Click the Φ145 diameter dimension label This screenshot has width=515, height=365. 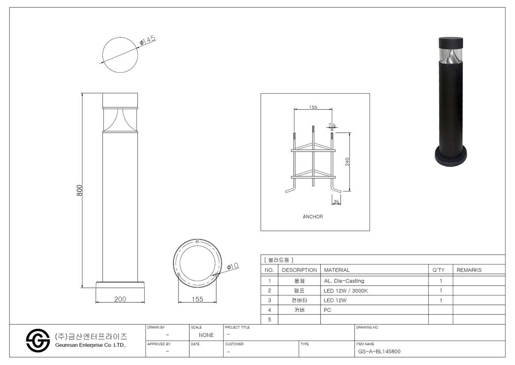coord(148,40)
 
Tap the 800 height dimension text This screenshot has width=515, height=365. coord(79,190)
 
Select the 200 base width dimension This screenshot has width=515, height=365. coord(120,299)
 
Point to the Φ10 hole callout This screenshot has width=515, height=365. coord(233,266)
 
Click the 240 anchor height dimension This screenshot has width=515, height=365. coord(347,162)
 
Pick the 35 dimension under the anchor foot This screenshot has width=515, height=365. coord(336,202)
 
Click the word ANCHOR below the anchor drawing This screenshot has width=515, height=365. coord(313,217)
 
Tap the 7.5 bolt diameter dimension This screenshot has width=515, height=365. coord(332,125)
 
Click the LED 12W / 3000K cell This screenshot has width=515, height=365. coord(346,291)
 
